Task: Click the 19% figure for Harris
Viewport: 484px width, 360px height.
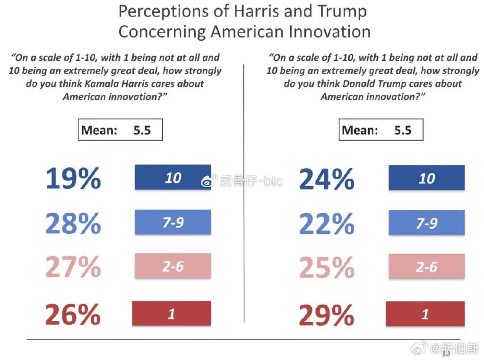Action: (x=73, y=178)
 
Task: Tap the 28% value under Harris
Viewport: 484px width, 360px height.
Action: (x=73, y=223)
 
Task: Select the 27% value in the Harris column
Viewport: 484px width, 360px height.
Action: (x=73, y=267)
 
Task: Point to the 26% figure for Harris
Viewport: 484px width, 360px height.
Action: (x=73, y=314)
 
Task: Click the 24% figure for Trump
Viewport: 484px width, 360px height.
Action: (x=327, y=178)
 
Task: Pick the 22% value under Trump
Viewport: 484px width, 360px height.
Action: (x=327, y=223)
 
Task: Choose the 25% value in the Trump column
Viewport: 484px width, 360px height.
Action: (x=327, y=267)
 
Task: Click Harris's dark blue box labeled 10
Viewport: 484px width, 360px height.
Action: (x=173, y=178)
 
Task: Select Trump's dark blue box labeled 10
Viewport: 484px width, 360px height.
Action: (x=426, y=178)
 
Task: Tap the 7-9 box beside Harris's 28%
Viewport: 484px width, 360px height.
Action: (x=173, y=222)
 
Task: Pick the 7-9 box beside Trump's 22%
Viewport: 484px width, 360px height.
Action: (x=426, y=223)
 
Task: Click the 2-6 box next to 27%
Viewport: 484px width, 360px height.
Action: (x=173, y=266)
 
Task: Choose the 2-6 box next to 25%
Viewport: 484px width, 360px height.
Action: (x=426, y=267)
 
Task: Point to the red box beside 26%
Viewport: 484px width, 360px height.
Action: (x=172, y=314)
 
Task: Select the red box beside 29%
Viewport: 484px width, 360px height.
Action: (x=425, y=314)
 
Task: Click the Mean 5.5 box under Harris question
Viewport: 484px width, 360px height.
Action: (x=120, y=130)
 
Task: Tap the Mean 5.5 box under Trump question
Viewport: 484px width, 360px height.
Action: (x=381, y=130)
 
